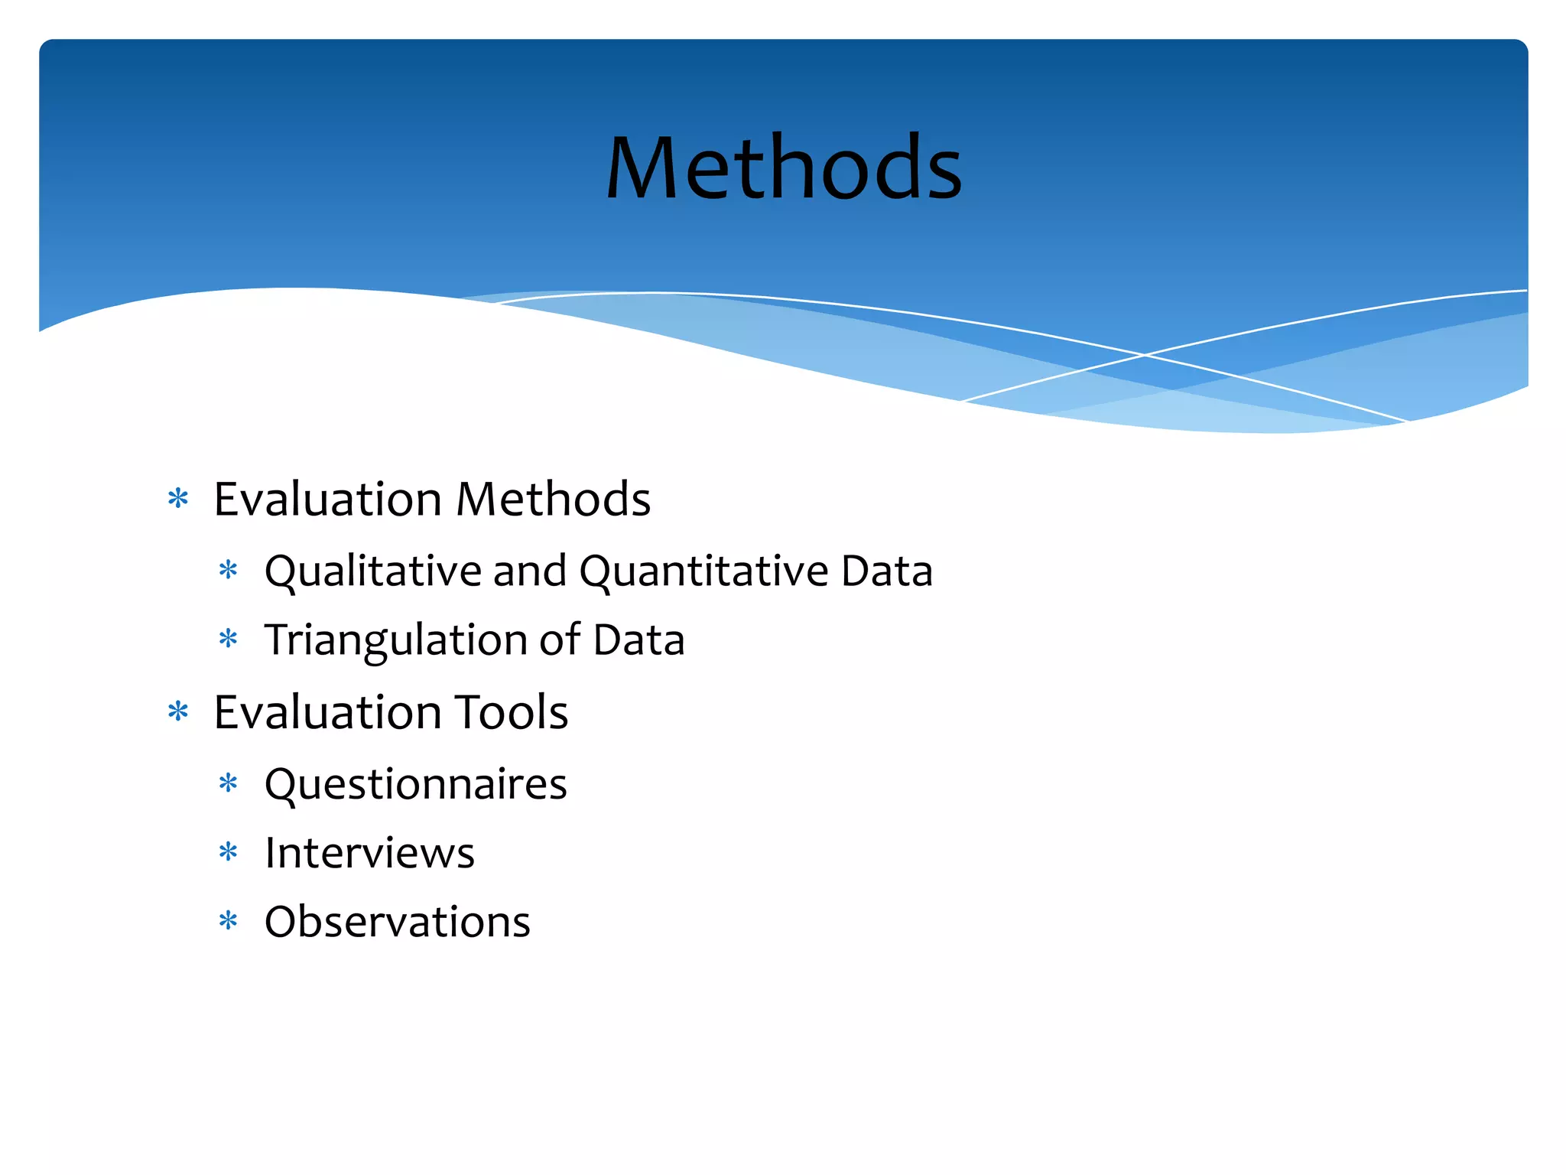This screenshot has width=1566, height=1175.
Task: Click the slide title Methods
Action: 784,168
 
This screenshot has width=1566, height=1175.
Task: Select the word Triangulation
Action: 396,640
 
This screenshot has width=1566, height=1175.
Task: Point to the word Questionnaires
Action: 415,785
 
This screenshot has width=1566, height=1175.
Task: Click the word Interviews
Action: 369,853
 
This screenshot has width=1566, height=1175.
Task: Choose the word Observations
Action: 397,922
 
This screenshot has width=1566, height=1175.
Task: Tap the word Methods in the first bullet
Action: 553,500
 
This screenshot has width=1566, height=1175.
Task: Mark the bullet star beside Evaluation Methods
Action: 178,500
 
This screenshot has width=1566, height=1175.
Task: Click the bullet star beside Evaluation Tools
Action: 178,712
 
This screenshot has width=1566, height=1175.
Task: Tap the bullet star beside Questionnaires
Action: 229,783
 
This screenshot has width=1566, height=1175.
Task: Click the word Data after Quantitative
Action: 887,571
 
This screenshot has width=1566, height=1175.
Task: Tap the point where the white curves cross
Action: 1145,355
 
